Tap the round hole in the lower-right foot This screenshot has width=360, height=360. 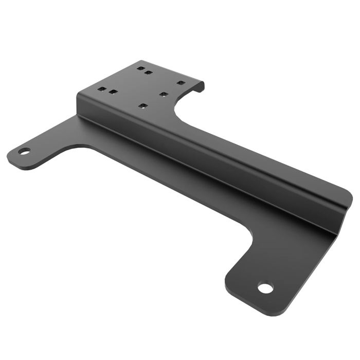[x=265, y=288]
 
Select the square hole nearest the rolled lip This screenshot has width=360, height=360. [x=180, y=82]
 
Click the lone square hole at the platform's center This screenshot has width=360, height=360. [x=163, y=94]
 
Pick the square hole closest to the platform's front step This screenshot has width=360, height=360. [x=143, y=106]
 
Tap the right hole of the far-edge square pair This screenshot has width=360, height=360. [x=148, y=73]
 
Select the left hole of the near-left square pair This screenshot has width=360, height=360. [x=103, y=89]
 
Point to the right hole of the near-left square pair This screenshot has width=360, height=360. [x=113, y=93]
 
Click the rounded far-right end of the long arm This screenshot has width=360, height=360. [x=348, y=198]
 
